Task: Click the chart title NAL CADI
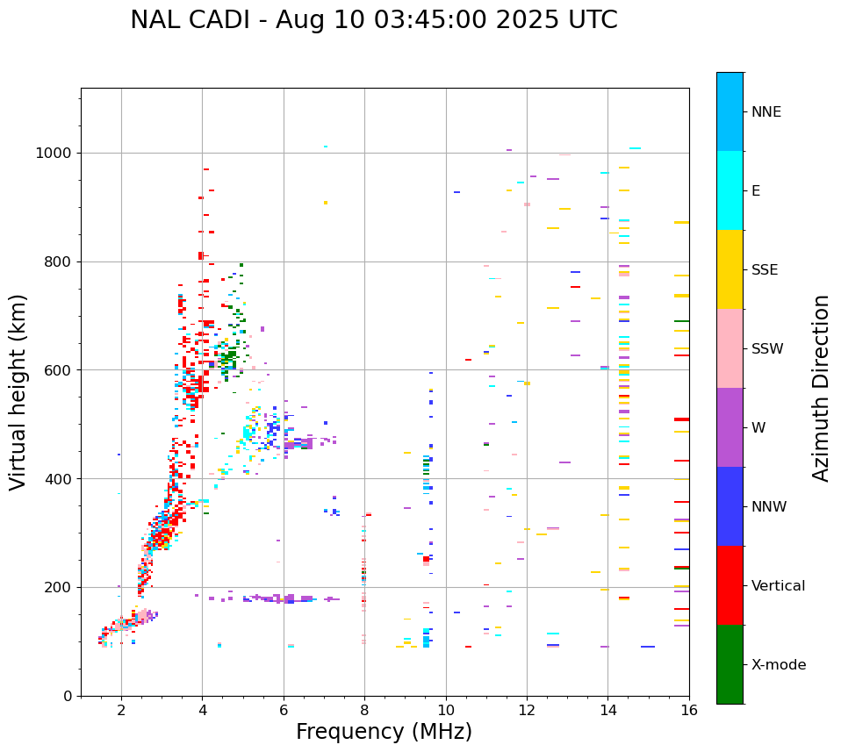pyautogui.click(x=373, y=20)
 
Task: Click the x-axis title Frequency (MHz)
pyautogui.click(x=384, y=732)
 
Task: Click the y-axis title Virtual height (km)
pyautogui.click(x=18, y=391)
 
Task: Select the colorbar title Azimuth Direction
pyautogui.click(x=821, y=388)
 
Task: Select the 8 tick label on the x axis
pyautogui.click(x=364, y=710)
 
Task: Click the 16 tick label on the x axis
pyautogui.click(x=689, y=710)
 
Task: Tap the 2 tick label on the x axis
pyautogui.click(x=121, y=710)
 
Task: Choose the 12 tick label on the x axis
pyautogui.click(x=527, y=710)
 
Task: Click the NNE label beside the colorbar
pyautogui.click(x=766, y=112)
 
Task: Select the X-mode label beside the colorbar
pyautogui.click(x=778, y=665)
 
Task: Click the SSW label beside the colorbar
pyautogui.click(x=767, y=349)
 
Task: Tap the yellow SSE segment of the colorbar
pyautogui.click(x=730, y=269)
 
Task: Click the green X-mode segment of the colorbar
pyautogui.click(x=730, y=664)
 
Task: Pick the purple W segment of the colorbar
pyautogui.click(x=730, y=427)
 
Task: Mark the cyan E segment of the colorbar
pyautogui.click(x=730, y=190)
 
